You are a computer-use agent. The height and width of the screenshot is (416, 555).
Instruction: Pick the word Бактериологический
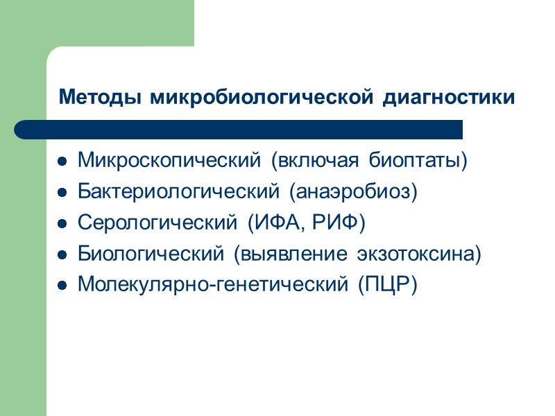pos(177,192)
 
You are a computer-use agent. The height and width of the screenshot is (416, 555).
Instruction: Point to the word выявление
pos(294,254)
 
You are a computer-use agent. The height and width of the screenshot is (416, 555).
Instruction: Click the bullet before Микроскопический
pos(62,162)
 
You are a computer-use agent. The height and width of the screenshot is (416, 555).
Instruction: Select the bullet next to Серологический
pos(62,225)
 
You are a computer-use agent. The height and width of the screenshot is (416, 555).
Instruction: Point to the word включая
pos(316,161)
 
